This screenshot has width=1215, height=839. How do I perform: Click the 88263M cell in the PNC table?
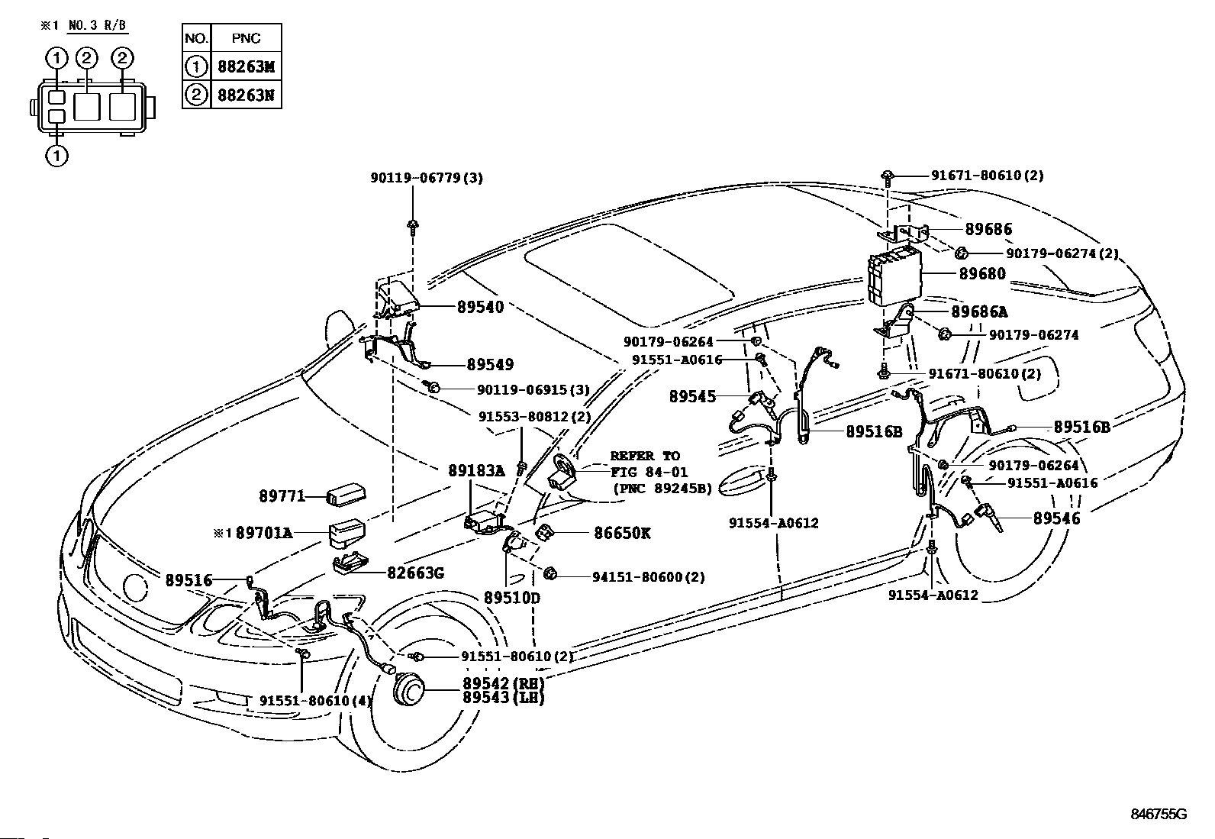coord(246,66)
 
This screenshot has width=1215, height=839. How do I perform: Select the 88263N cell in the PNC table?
coord(246,95)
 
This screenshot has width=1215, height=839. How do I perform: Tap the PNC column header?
coord(246,38)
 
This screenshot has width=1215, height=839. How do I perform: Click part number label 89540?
coord(481,307)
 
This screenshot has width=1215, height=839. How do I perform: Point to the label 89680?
coord(982,273)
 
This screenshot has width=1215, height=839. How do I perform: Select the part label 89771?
coord(282,496)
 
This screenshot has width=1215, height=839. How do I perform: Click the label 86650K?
coord(621,533)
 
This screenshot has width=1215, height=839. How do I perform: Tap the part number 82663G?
coord(415,573)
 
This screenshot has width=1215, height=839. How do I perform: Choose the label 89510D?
coord(512,598)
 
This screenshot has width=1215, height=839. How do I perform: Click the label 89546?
coord(1056,518)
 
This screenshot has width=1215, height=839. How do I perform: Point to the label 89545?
coord(693,396)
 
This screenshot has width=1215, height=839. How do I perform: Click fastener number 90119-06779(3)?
coord(427,177)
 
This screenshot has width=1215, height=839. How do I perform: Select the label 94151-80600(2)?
coord(649,576)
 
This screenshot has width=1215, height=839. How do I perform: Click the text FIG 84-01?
coord(649,472)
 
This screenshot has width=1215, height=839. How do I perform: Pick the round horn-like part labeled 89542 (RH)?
coord(408,690)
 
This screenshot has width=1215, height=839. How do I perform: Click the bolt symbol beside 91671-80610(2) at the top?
coord(888,177)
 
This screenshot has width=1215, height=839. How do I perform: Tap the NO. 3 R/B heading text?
coord(98,25)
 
